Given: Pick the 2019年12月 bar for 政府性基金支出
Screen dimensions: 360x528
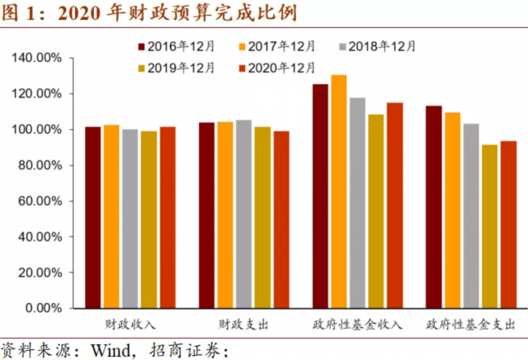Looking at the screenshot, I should click(490, 226).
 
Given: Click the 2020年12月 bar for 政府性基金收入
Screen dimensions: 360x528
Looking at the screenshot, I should click(395, 206).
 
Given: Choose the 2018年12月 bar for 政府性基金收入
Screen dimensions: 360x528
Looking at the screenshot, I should click(357, 203).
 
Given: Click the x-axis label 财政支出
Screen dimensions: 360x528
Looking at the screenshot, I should click(243, 324).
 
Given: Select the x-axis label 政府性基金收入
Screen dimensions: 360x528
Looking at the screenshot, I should click(357, 324).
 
